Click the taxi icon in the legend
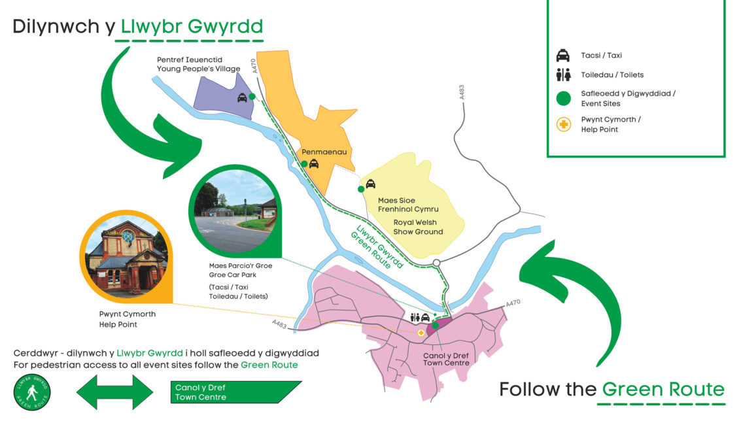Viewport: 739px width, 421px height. [x=562, y=56]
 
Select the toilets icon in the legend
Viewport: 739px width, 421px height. [x=562, y=75]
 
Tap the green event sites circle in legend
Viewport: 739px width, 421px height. [x=562, y=98]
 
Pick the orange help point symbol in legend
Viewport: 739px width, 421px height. [x=562, y=124]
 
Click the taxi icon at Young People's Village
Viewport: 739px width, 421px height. [x=242, y=97]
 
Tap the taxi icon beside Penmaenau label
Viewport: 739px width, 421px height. [x=314, y=163]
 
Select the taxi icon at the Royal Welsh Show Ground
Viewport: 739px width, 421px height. [x=370, y=184]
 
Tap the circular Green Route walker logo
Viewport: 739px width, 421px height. [x=32, y=393]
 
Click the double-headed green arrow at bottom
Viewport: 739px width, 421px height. [x=115, y=393]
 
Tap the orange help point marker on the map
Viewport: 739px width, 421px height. [x=421, y=332]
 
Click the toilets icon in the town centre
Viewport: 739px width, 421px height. [x=415, y=318]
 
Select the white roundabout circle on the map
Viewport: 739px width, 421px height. [x=436, y=263]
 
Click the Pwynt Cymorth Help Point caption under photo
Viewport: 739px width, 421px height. [x=128, y=319]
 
